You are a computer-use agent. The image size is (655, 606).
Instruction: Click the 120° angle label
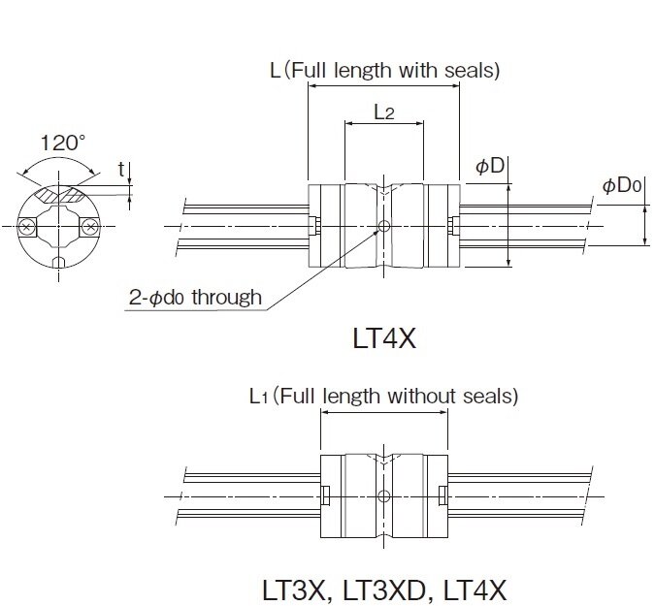[x=62, y=143]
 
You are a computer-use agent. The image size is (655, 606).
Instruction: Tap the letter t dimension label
[x=121, y=170]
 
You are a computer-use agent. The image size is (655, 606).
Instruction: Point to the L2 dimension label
[x=383, y=112]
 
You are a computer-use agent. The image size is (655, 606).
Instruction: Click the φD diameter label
[x=490, y=166]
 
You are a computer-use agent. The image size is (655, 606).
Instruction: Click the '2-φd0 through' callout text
[x=195, y=297]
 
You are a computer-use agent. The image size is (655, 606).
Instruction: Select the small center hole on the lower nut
[x=384, y=495]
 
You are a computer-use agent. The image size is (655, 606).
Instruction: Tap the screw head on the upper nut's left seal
[x=315, y=227]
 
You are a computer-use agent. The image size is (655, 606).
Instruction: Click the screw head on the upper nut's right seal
[x=453, y=227]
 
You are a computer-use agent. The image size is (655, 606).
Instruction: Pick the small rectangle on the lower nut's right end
[x=442, y=495]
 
